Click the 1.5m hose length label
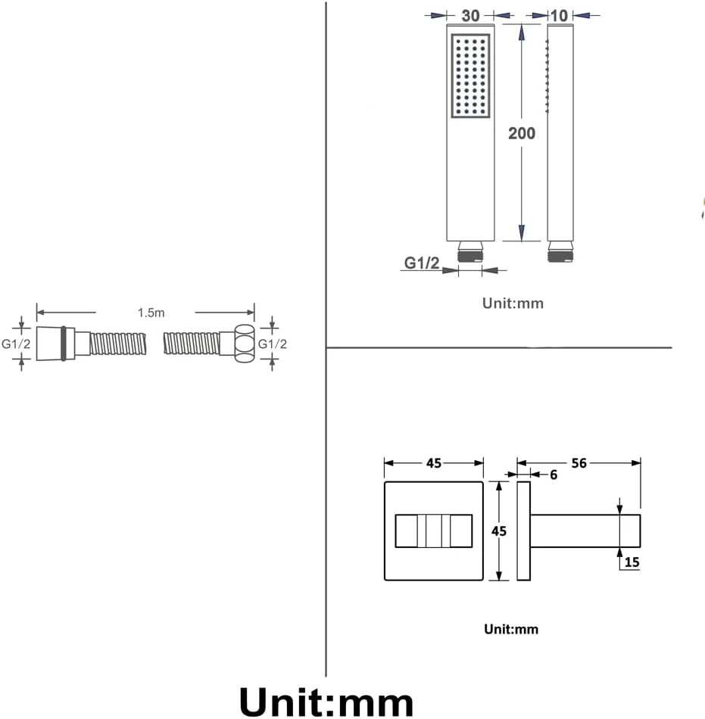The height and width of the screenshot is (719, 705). pyautogui.click(x=151, y=313)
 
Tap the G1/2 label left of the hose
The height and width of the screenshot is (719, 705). pyautogui.click(x=16, y=344)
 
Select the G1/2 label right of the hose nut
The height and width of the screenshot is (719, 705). pyautogui.click(x=273, y=344)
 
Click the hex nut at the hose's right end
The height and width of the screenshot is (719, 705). pyautogui.click(x=244, y=344)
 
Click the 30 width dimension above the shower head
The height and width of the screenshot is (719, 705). pyautogui.click(x=470, y=16)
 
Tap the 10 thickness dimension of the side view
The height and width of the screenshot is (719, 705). pyautogui.click(x=559, y=16)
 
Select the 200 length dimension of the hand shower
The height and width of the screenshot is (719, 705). pyautogui.click(x=522, y=133)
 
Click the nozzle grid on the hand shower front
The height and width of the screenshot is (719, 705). pyautogui.click(x=470, y=76)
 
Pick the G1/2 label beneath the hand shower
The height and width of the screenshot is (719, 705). pyautogui.click(x=422, y=263)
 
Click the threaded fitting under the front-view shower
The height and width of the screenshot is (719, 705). pyautogui.click(x=470, y=252)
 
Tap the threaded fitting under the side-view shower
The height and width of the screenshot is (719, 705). pyautogui.click(x=560, y=252)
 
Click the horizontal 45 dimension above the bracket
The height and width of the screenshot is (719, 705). pyautogui.click(x=434, y=463)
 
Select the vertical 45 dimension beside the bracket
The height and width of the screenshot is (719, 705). pyautogui.click(x=499, y=531)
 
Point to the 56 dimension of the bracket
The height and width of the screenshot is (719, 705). pyautogui.click(x=579, y=463)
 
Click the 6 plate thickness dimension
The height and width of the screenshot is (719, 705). pyautogui.click(x=554, y=475)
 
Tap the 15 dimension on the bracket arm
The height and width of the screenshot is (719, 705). pyautogui.click(x=632, y=562)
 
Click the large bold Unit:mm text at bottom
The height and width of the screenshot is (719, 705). pyautogui.click(x=326, y=702)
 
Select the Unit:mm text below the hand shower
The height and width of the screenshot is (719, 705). pyautogui.click(x=513, y=303)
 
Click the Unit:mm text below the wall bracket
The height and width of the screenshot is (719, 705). pyautogui.click(x=511, y=629)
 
